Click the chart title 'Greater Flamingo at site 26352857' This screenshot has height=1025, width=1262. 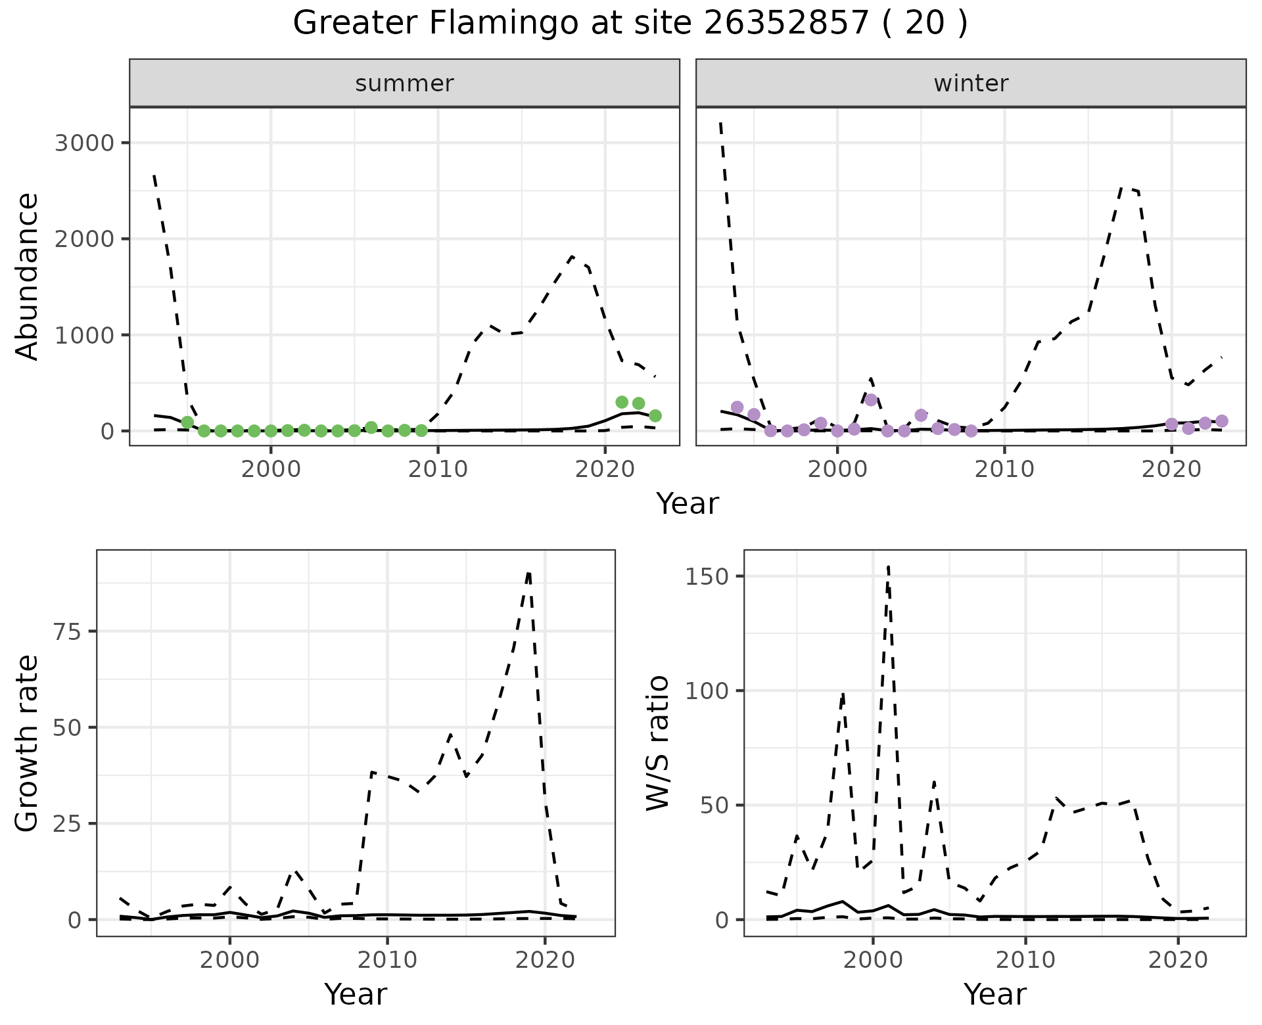[x=630, y=24]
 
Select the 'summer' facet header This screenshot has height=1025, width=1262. [x=404, y=83]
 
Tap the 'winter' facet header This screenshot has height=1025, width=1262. [x=971, y=83]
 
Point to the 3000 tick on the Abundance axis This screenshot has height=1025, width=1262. [x=83, y=143]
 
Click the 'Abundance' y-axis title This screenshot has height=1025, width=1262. [x=28, y=276]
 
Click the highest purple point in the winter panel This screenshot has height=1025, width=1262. [x=871, y=399]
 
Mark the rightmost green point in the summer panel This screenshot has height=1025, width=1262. [x=655, y=415]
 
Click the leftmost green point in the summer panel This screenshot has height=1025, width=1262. [x=187, y=422]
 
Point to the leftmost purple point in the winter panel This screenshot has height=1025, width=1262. [x=737, y=407]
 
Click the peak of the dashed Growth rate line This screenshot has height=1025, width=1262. [x=529, y=573]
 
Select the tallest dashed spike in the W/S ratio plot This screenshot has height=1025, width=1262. [x=888, y=566]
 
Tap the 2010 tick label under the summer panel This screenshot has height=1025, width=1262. [x=438, y=470]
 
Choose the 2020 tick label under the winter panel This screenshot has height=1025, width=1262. [x=1171, y=470]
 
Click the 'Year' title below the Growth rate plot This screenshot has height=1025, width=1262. [x=356, y=994]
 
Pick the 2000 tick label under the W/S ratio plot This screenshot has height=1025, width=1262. [x=872, y=960]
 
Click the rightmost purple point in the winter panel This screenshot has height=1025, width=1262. [x=1222, y=421]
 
